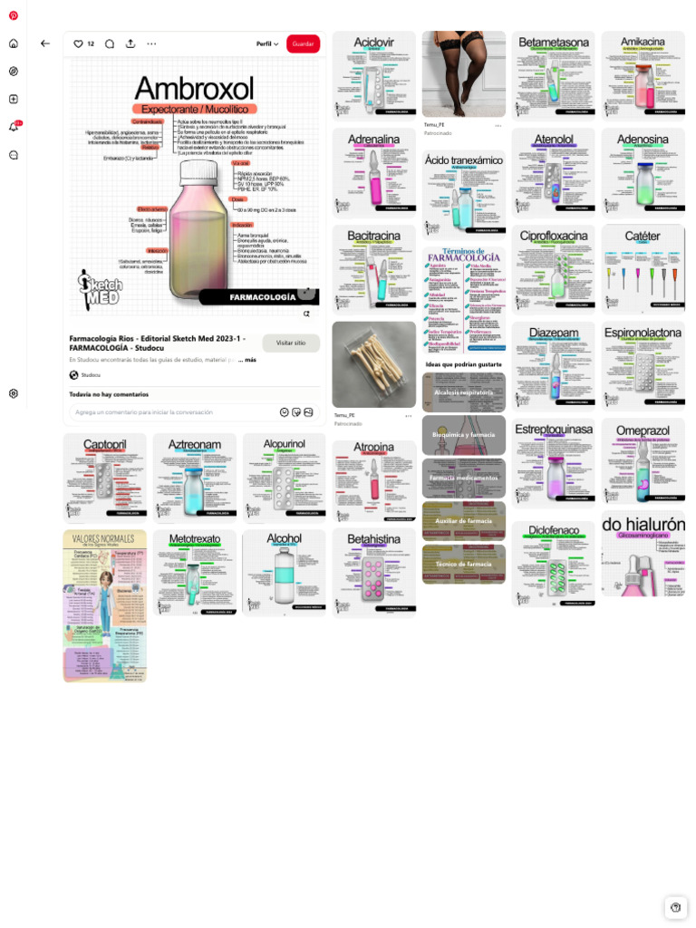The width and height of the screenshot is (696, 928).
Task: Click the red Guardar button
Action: pos(303,43)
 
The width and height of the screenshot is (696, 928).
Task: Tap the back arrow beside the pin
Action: pos(45,43)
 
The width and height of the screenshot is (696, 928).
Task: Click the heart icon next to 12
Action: pos(78,43)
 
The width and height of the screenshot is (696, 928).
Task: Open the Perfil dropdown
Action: pos(267,43)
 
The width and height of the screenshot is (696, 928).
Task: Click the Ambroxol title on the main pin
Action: pos(194,89)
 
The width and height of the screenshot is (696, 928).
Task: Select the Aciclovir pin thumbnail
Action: pos(373,75)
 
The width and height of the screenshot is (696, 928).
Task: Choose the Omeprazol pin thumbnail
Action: pos(643,460)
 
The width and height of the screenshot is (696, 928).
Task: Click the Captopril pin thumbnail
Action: pos(104,477)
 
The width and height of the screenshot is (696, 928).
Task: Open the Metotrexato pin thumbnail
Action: pos(194,573)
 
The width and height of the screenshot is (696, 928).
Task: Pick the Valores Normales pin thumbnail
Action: pos(104,605)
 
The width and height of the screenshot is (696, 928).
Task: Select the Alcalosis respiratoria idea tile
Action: pos(463,392)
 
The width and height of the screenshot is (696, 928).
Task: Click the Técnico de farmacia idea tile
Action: pos(463,564)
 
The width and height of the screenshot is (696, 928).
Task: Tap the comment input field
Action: pos(172,412)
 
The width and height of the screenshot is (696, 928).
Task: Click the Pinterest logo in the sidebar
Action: pos(14,15)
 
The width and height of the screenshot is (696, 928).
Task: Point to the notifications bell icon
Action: pos(14,127)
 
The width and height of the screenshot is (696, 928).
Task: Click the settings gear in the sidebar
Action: pos(14,393)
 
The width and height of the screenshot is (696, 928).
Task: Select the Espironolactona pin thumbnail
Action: pos(643,364)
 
